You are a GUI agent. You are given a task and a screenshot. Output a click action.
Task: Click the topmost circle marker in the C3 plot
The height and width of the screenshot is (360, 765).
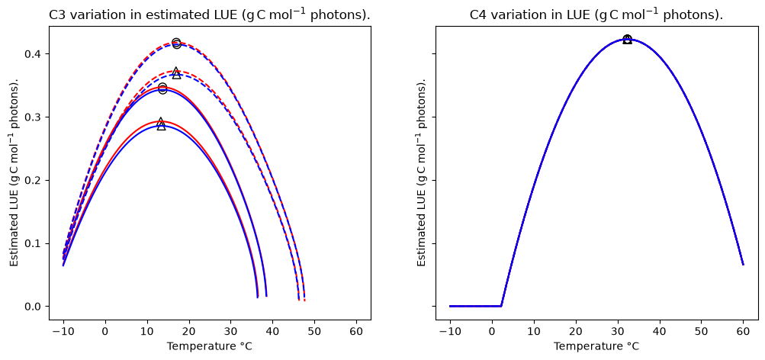click(x=176, y=43)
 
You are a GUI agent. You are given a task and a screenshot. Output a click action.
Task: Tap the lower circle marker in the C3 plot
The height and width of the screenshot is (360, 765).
click(x=162, y=88)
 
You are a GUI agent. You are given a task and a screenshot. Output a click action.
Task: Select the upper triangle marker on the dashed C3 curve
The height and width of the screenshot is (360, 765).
click(x=176, y=73)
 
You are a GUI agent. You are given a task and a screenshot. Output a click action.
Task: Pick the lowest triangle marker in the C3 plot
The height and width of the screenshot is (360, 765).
click(x=161, y=124)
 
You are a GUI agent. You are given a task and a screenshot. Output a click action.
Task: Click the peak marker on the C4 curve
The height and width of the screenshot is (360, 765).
click(x=628, y=39)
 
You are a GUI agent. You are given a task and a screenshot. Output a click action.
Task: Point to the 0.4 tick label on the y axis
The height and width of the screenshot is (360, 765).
click(x=33, y=53)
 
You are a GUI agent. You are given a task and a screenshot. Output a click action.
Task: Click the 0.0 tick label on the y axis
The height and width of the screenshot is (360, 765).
click(x=33, y=307)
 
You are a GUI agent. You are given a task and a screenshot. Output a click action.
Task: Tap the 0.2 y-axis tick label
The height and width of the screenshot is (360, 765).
click(x=33, y=180)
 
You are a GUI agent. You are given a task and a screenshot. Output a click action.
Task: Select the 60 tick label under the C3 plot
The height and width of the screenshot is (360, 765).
click(x=356, y=330)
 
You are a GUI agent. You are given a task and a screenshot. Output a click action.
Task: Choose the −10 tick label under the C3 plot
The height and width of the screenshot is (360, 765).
click(x=63, y=330)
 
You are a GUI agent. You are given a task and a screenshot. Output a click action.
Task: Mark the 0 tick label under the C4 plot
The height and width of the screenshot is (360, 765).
click(x=493, y=330)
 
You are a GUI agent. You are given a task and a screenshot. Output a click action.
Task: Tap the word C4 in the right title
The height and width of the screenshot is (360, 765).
click(x=477, y=15)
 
